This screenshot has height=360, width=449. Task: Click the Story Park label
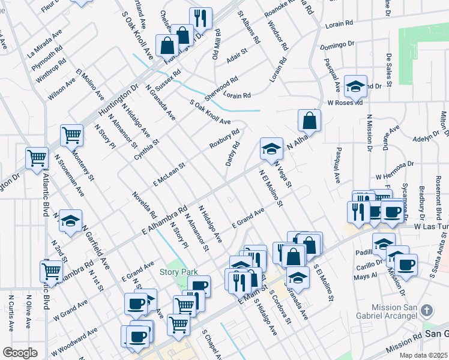coord(178,272)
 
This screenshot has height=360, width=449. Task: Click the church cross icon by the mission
coord(426,310)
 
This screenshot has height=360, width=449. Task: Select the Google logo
coord(20,353)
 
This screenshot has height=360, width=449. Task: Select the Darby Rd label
coord(232,154)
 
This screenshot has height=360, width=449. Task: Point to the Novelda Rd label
coord(145,205)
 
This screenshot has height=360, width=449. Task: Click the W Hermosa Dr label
coord(395,170)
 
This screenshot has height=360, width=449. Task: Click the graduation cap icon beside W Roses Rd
coord(355,85)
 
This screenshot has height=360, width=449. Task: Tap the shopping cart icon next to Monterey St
coord(71,134)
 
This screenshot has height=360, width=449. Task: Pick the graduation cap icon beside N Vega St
coord(271,148)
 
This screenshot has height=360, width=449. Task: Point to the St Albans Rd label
coord(249,27)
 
